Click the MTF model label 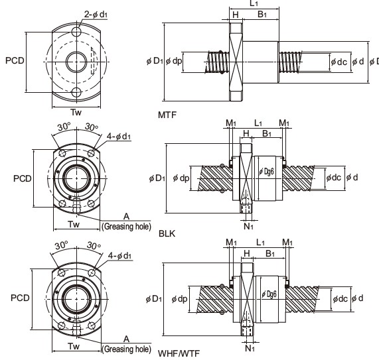[167, 115]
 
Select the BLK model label [167, 233]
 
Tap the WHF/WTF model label [179, 353]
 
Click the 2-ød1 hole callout [96, 15]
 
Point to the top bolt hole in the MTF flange [76, 32]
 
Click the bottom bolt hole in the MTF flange [76, 92]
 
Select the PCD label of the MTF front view [15, 60]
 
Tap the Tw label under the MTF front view [76, 112]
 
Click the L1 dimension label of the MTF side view [254, 3]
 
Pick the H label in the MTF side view [236, 15]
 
